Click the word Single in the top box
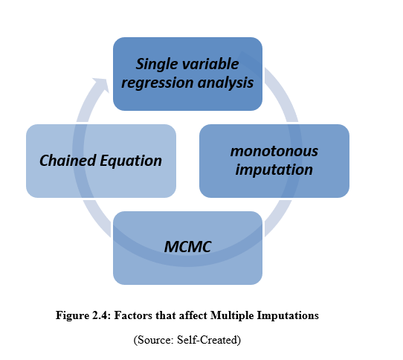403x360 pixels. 156,64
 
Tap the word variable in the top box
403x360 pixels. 210,63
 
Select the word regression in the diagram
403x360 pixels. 158,83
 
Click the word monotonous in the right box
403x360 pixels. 274,151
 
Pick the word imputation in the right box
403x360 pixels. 274,170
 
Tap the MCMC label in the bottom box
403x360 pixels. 188,247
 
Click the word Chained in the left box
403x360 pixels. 68,160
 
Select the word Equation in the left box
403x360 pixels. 131,161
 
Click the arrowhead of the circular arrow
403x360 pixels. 103,84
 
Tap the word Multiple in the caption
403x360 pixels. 232,315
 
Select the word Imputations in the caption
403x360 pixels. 288,315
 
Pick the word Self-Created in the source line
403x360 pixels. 208,340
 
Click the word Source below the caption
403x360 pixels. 154,340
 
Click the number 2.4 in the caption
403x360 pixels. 102,315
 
